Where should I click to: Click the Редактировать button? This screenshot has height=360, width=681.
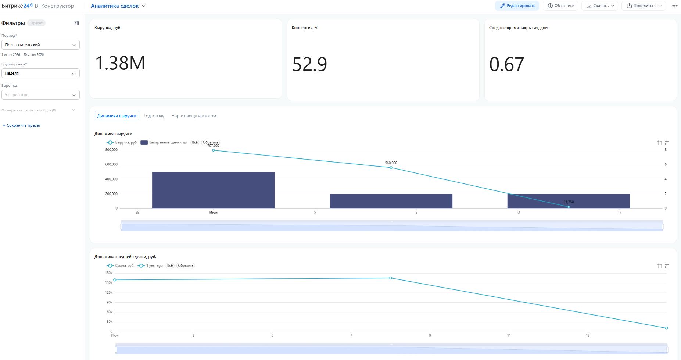pos(517,6)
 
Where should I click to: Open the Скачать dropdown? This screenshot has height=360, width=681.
pos(600,6)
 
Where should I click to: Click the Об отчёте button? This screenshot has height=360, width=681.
pos(560,6)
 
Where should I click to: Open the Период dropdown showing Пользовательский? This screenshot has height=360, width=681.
pos(40,45)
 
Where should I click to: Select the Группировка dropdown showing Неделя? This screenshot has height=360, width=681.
pos(40,73)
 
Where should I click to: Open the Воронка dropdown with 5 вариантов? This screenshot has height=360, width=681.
pos(40,95)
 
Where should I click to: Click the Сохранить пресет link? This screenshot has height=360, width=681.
pos(22,125)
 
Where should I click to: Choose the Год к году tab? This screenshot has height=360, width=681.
pos(154,116)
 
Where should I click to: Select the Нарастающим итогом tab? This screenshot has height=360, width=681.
pos(194,116)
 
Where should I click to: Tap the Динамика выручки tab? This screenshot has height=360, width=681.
pos(117,116)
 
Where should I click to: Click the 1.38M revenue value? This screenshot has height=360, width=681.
pos(120,63)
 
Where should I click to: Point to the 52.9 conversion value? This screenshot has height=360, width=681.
pos(309,64)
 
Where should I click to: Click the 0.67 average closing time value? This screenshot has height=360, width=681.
pos(506,64)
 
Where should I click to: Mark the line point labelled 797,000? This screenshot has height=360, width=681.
pos(214,150)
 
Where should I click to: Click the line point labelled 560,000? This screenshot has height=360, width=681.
pos(391,168)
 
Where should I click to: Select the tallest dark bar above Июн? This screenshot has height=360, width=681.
pos(213,190)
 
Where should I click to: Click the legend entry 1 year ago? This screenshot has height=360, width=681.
pos(150,265)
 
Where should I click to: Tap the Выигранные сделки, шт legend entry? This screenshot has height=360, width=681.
pos(164,142)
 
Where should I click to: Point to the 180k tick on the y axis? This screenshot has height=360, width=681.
pos(109,273)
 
